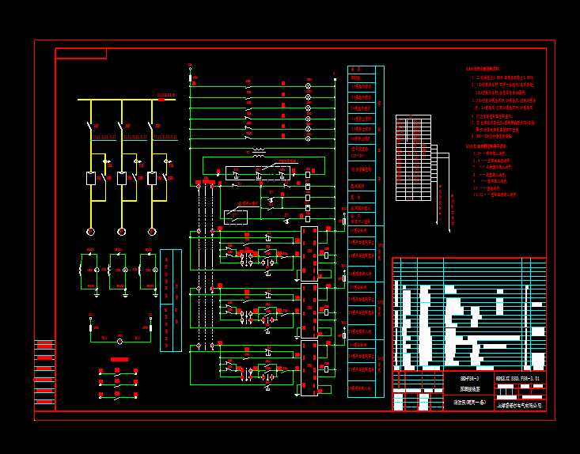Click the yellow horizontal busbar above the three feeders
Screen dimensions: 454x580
[127, 100]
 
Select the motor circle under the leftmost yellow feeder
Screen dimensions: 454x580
[90, 231]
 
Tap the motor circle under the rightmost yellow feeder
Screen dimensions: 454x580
[152, 231]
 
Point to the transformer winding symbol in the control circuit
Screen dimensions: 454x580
[258, 153]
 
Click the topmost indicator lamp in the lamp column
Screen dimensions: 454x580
[309, 85]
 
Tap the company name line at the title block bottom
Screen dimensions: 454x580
[519, 404]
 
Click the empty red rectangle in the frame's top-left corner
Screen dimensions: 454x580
[81, 53]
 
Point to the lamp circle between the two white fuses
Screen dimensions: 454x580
[119, 341]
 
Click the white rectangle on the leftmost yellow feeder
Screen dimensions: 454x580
[90, 178]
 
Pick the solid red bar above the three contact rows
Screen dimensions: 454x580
[119, 359]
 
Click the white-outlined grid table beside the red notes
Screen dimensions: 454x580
[413, 161]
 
